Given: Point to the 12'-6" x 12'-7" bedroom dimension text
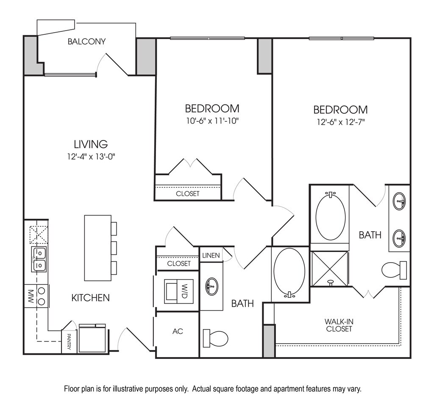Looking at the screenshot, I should [340, 122].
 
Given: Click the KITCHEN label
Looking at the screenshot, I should [90, 298].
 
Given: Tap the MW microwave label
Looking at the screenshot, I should [31, 296].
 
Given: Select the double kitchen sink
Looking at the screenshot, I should [39, 259].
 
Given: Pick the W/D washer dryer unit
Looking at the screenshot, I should [178, 291].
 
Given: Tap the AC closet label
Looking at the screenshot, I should [178, 331].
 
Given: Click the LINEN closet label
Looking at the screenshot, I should [211, 255].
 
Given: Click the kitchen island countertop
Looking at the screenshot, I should [97, 248].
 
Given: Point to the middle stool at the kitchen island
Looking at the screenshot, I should [114, 248].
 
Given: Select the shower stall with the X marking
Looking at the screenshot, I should [330, 269].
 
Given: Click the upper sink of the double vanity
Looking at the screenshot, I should [399, 201].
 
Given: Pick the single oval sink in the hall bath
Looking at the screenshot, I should [211, 286].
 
